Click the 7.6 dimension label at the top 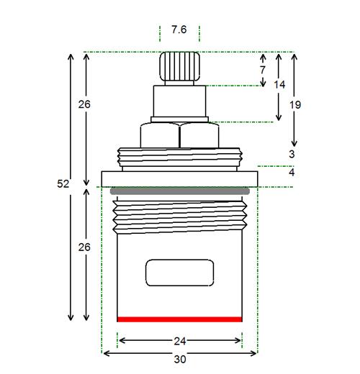[x=179, y=29]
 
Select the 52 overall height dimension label [x=63, y=184]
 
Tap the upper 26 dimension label [x=84, y=104]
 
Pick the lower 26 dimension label [x=84, y=247]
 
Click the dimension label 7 [x=263, y=70]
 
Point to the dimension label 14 [x=279, y=85]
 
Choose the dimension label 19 [x=295, y=105]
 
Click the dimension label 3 [x=292, y=154]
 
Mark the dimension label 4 [x=292, y=173]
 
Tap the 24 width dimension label [x=180, y=341]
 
